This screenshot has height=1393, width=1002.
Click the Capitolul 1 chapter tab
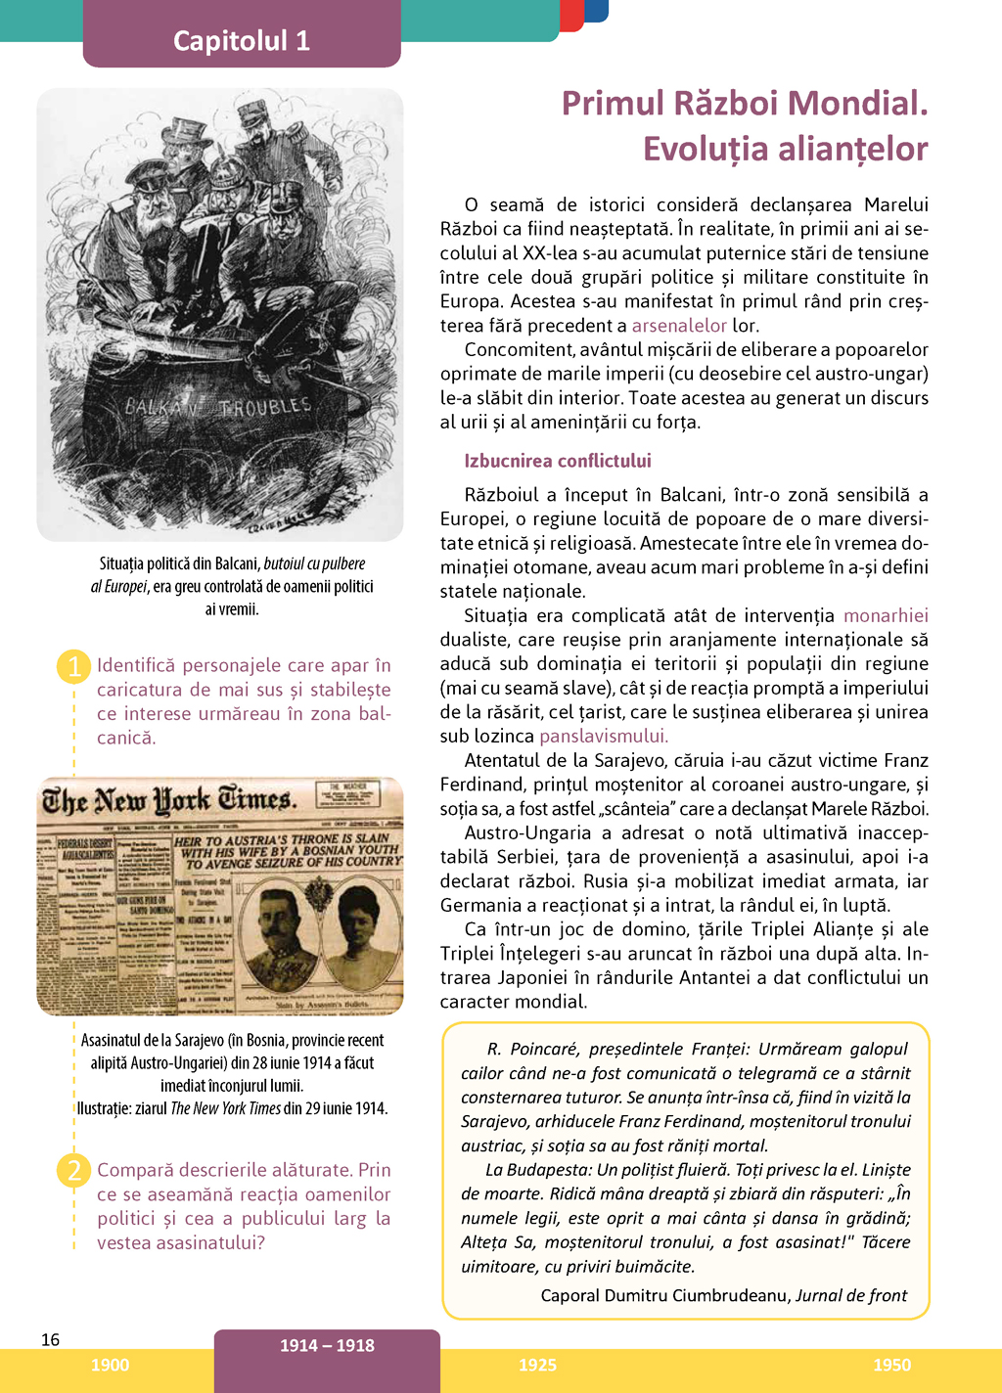[242, 40]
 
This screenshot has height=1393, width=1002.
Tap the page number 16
[50, 1339]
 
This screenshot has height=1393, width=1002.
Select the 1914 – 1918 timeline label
[327, 1345]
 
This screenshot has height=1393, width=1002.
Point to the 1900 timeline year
[110, 1365]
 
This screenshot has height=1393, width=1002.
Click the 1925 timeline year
[537, 1365]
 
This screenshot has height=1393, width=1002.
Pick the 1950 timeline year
[891, 1365]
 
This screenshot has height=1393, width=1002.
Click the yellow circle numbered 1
[73, 666]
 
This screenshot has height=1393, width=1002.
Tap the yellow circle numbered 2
[73, 1170]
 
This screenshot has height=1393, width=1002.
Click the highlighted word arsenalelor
[679, 326]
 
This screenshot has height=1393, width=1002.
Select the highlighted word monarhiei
[886, 615]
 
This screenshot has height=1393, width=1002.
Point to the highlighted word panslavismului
[603, 736]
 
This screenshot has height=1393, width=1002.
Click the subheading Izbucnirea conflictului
[558, 461]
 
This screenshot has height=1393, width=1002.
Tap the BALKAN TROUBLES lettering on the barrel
[218, 405]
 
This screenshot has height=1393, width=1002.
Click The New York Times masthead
[168, 800]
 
